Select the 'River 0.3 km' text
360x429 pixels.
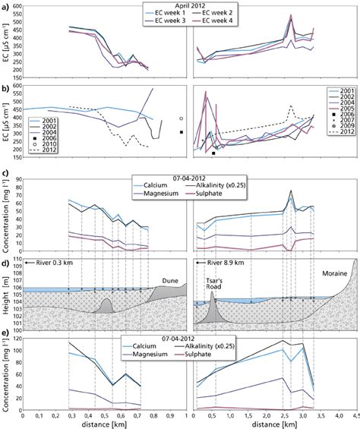[49, 263]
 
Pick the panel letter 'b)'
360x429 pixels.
[6, 89]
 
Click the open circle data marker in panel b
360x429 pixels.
[182, 118]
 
